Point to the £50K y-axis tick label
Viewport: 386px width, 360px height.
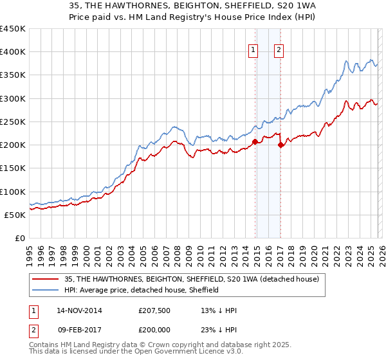15,215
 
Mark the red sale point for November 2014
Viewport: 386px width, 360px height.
255,141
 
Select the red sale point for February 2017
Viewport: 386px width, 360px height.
280,145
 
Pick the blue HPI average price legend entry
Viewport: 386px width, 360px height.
141,290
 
